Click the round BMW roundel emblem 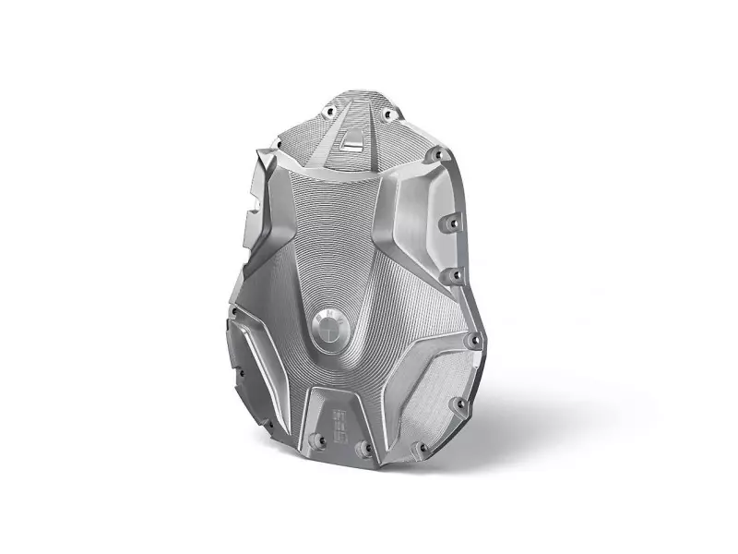[329, 330]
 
